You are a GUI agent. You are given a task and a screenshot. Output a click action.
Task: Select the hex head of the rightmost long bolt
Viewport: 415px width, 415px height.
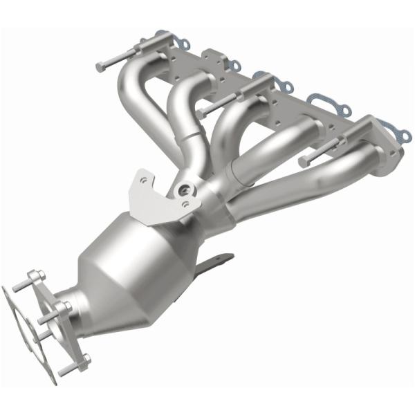tap(304, 160)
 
